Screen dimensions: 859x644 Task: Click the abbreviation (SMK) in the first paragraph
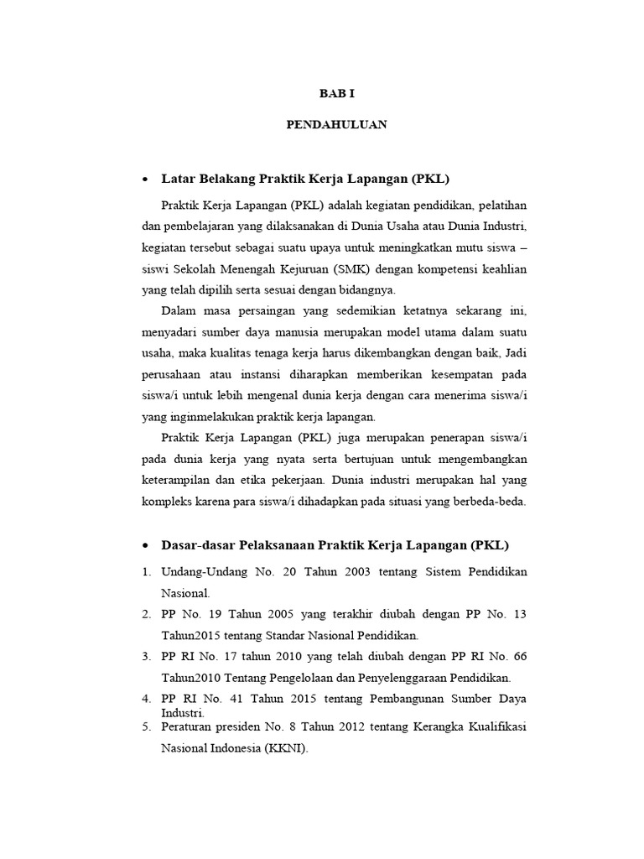click(x=333, y=268)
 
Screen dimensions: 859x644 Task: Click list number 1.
click(x=145, y=571)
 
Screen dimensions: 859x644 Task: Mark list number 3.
click(x=145, y=656)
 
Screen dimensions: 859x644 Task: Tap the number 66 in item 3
click(x=520, y=656)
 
